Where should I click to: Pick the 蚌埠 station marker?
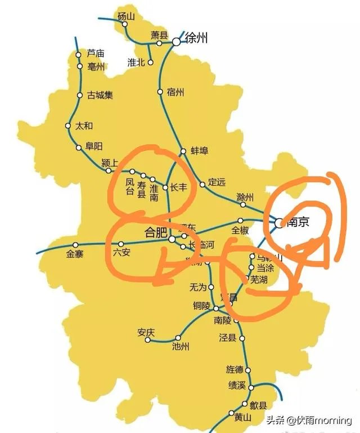click(183, 151)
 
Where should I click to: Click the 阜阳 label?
click(94, 146)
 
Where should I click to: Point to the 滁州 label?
click(245, 197)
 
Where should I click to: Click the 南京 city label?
click(299, 222)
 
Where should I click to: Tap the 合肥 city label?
click(155, 232)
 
